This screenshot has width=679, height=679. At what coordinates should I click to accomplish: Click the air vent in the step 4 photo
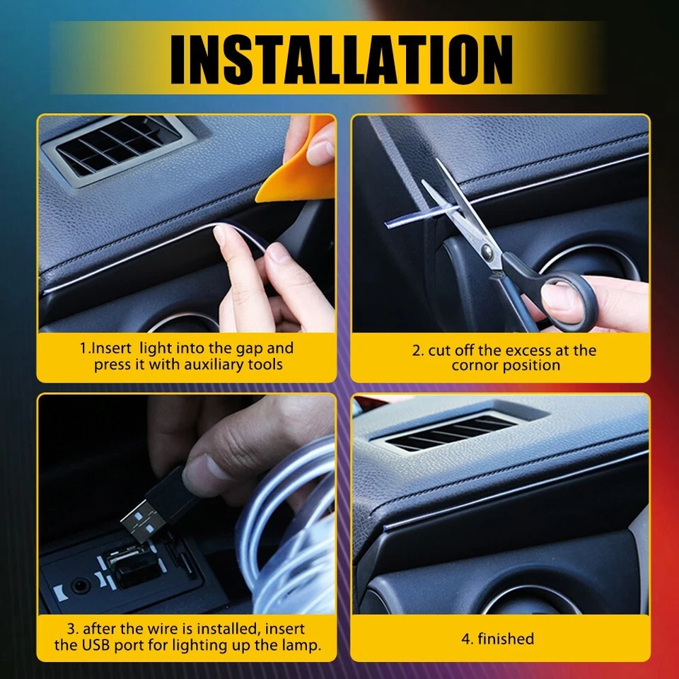click(453, 432)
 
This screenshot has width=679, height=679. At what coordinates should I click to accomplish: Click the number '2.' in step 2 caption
click(418, 350)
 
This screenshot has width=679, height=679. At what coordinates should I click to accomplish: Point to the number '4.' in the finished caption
click(468, 639)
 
